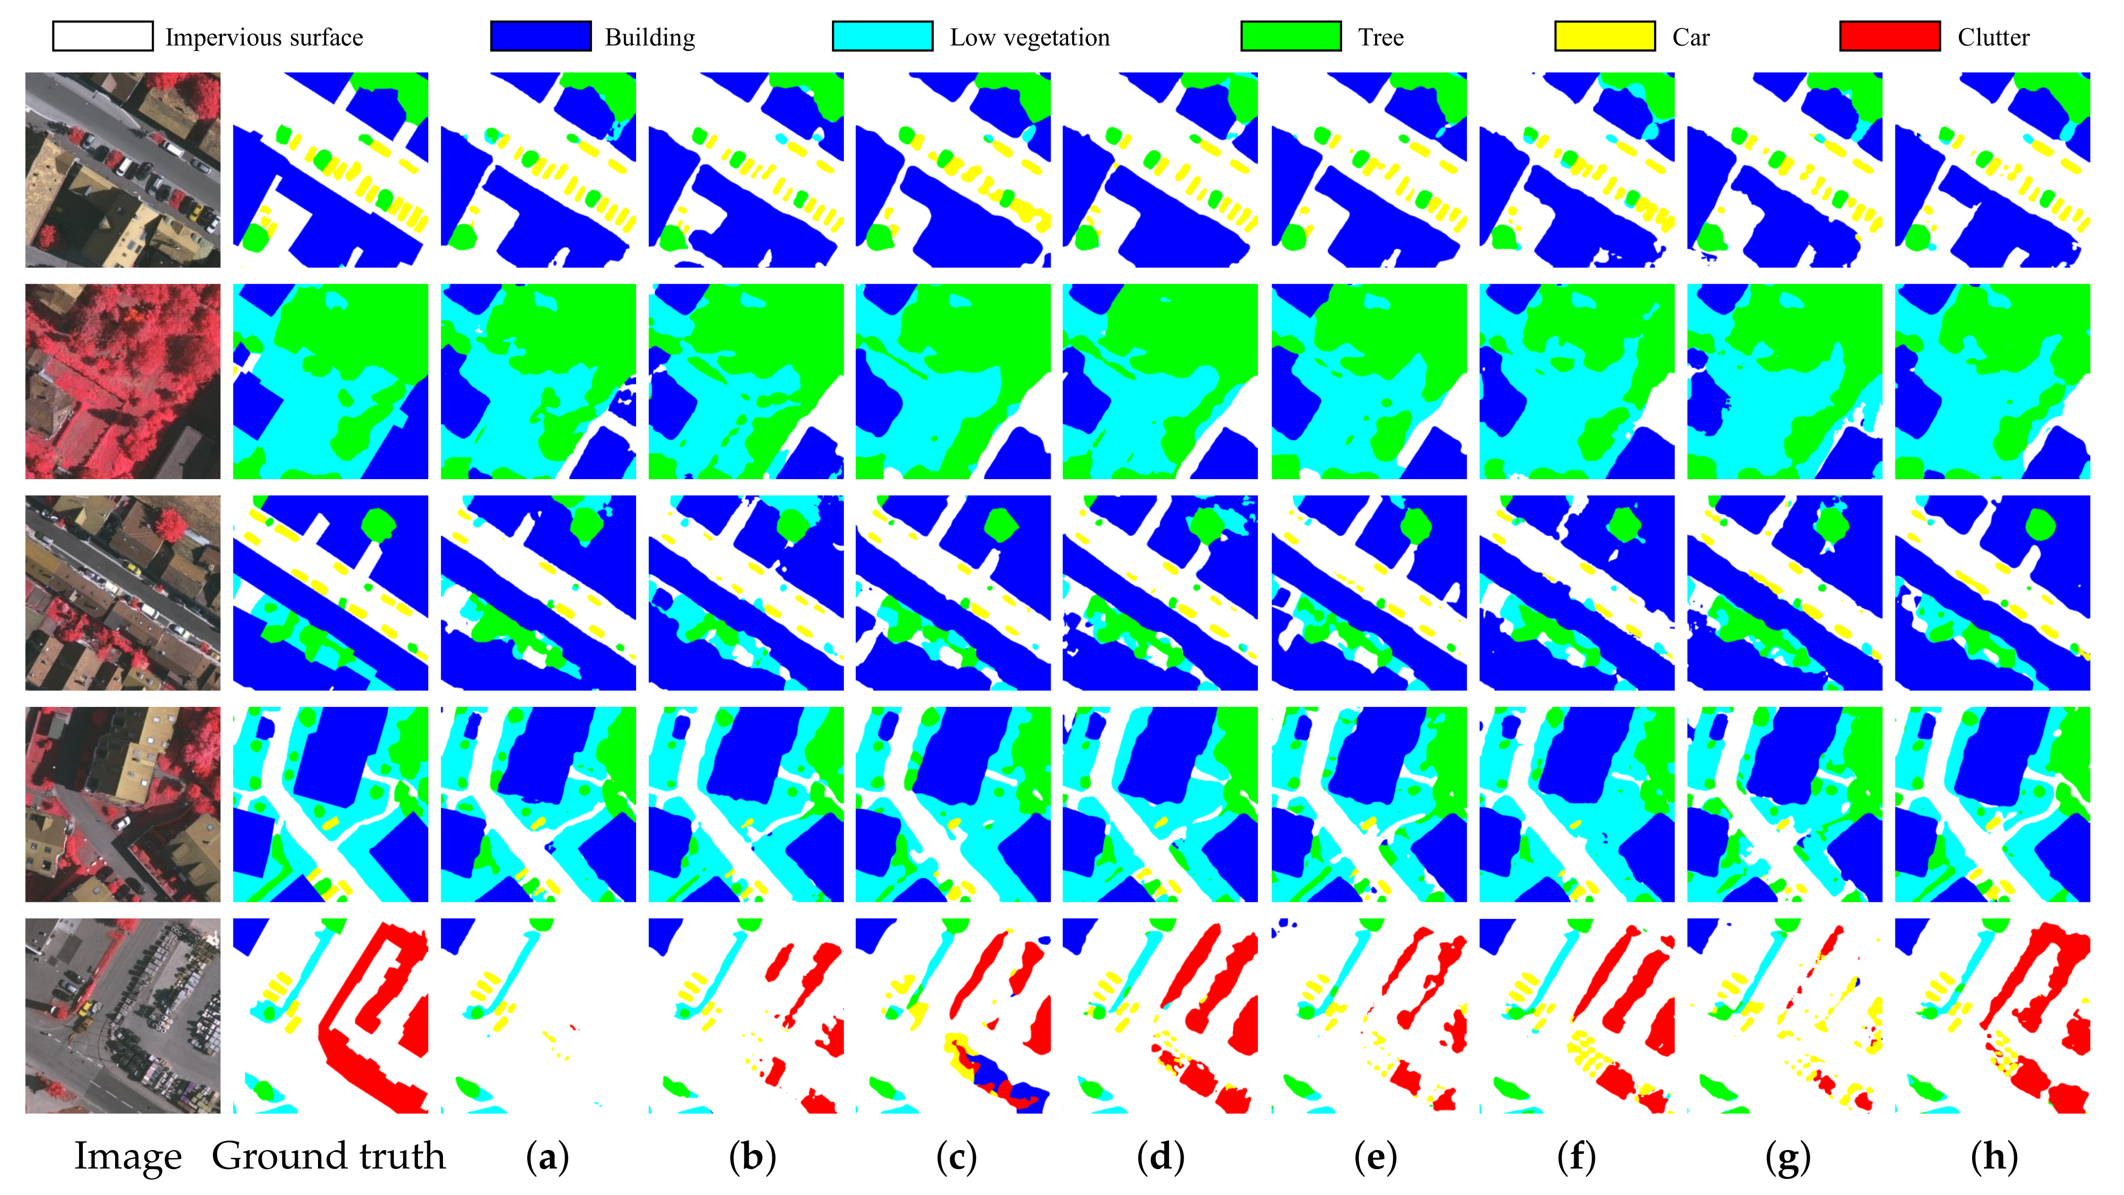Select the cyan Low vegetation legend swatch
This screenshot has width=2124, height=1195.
point(882,36)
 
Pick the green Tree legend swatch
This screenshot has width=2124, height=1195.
point(1291,36)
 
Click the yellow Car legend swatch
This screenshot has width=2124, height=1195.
point(1604,36)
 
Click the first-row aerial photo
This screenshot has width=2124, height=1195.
point(123,170)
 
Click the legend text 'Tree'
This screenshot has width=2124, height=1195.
point(1381,38)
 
